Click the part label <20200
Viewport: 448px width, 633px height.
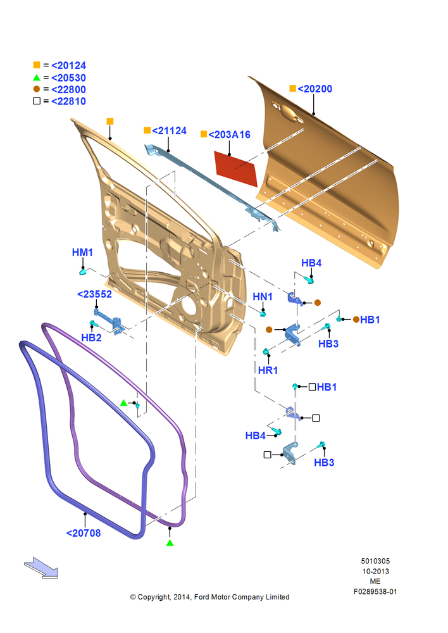point(315,89)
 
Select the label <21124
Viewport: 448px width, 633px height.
point(169,131)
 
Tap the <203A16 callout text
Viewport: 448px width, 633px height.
point(229,134)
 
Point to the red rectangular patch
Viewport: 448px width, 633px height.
point(235,169)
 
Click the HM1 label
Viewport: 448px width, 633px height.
point(82,253)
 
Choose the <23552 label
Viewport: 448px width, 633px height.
point(94,294)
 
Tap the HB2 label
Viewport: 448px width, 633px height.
point(91,337)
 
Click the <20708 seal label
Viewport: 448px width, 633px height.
point(84,533)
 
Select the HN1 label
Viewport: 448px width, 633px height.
point(263,297)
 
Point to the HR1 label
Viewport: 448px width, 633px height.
point(268,370)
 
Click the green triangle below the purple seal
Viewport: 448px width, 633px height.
point(170,543)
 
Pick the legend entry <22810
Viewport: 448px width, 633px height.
point(68,101)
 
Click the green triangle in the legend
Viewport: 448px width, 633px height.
point(37,77)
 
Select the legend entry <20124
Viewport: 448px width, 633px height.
point(68,65)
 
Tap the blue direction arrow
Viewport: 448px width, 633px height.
point(41,568)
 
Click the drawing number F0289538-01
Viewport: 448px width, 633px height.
point(375,591)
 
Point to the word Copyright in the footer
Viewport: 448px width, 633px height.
point(154,597)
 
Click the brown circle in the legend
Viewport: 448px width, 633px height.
point(37,89)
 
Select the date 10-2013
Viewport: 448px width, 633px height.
point(375,571)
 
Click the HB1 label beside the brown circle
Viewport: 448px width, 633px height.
point(370,320)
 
